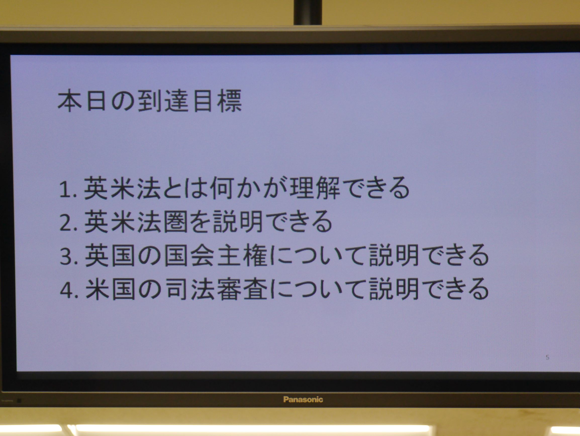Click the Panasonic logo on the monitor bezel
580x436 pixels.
coord(303,400)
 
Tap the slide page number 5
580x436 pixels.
coord(548,357)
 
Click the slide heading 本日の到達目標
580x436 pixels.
coord(150,102)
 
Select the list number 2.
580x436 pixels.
coord(67,223)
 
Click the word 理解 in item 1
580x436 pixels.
coord(315,188)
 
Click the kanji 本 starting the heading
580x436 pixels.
coord(69,102)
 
